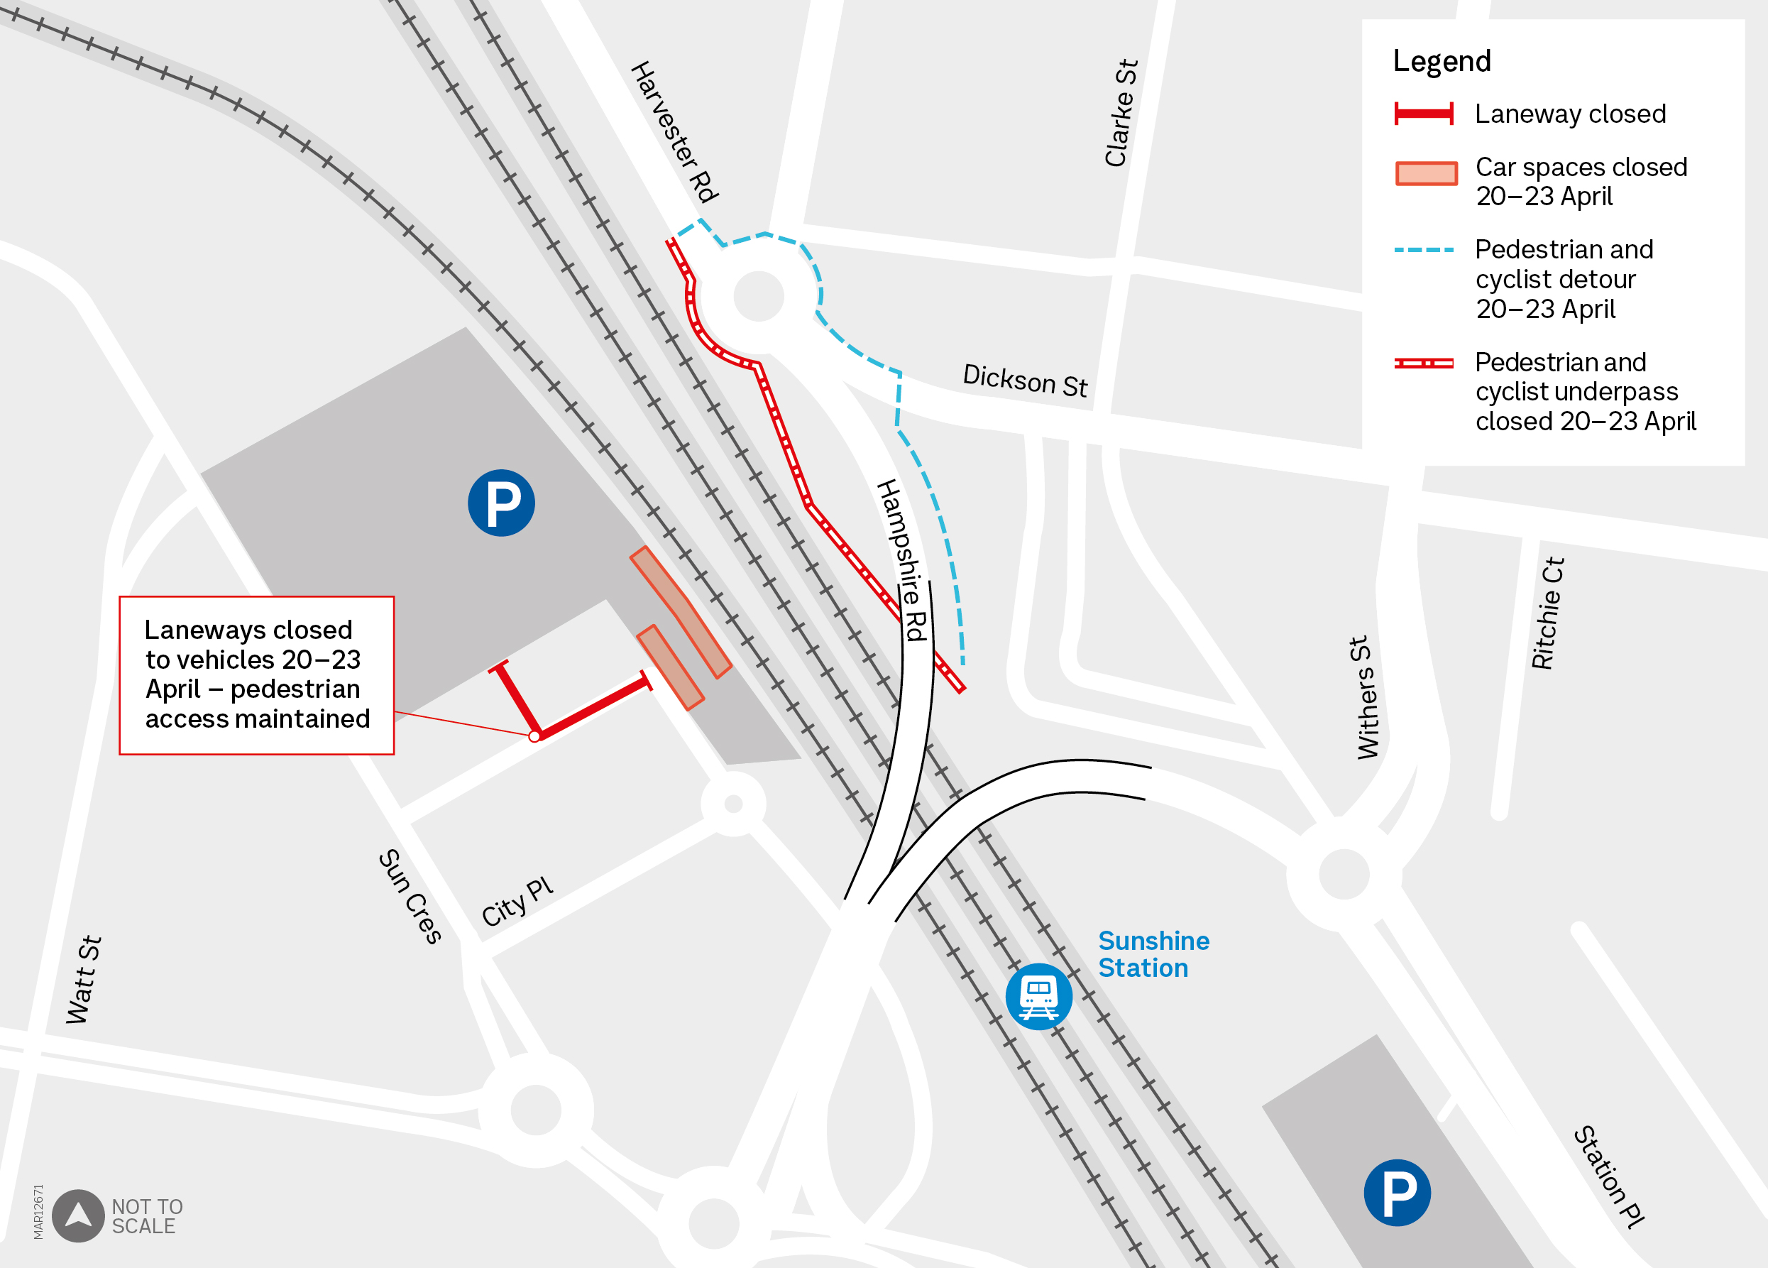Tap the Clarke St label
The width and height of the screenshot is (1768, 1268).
(1121, 112)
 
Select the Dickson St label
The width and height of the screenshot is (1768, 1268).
(1024, 381)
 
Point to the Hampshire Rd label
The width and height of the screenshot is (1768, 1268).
(903, 559)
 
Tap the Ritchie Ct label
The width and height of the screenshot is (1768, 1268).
(1547, 613)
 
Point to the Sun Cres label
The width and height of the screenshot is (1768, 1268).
(410, 896)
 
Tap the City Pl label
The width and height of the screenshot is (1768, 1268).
(517, 902)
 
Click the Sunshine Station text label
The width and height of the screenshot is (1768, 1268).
(1153, 953)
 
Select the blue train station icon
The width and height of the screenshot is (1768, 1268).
(1038, 996)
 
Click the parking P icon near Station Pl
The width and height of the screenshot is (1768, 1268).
(1397, 1192)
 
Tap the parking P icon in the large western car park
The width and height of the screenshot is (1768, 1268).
(501, 502)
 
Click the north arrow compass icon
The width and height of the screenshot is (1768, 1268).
(78, 1215)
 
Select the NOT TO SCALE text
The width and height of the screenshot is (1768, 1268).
(148, 1215)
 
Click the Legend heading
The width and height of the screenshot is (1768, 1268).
(1442, 61)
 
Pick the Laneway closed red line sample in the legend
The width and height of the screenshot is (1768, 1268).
(1424, 114)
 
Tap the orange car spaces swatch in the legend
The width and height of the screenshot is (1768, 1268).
(1426, 173)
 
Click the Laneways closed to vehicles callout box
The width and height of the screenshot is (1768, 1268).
(256, 674)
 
